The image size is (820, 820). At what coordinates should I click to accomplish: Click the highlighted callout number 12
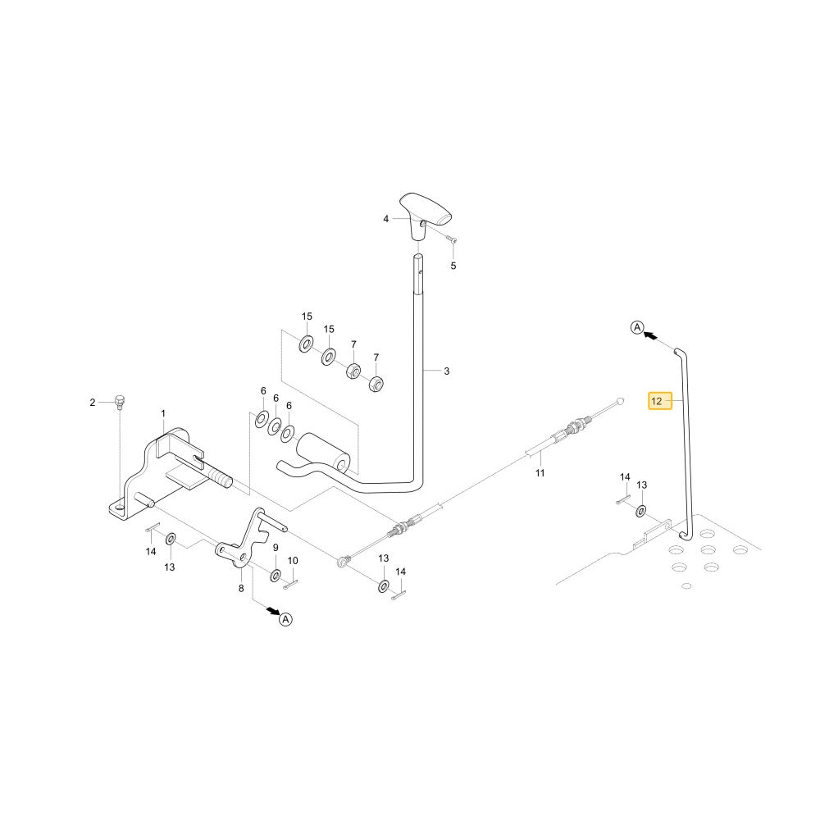point(657,401)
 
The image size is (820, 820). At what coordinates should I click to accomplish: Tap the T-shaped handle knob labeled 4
point(425,215)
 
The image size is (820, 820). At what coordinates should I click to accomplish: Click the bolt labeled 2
point(119,402)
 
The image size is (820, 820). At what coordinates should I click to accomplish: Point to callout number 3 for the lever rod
point(447,371)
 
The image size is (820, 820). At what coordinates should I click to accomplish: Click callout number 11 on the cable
point(540,473)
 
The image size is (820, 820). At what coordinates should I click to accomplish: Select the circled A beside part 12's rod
point(637,328)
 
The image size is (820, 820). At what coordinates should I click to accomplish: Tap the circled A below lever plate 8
point(285,619)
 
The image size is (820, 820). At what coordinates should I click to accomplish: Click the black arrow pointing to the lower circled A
point(272,610)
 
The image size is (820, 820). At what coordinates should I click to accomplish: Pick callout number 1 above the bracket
point(163,413)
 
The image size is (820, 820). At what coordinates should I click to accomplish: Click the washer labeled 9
point(275,576)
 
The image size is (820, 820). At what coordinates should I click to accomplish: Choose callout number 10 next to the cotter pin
point(293,561)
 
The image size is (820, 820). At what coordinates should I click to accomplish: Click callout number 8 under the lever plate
point(241,588)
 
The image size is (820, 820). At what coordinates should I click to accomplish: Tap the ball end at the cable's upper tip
point(621,401)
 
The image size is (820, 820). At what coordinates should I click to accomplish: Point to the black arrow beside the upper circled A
point(650,335)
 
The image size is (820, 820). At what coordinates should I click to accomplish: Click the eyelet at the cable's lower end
point(343,562)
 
